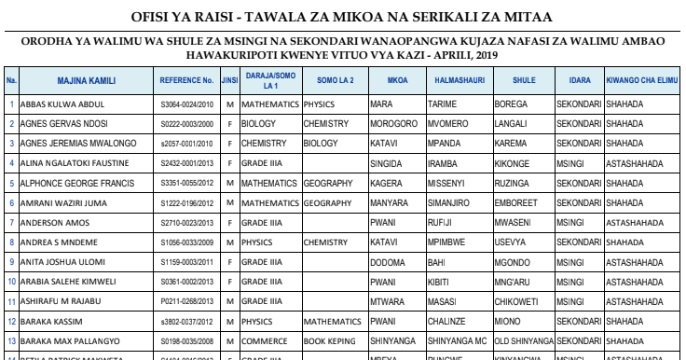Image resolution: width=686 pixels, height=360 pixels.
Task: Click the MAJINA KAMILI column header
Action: pyautogui.click(x=87, y=82)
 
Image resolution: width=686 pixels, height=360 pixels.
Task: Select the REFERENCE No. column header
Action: pyautogui.click(x=189, y=82)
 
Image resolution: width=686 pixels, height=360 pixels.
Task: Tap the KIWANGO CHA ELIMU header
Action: pyautogui.click(x=641, y=82)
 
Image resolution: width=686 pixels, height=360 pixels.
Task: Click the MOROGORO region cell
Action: pyautogui.click(x=391, y=123)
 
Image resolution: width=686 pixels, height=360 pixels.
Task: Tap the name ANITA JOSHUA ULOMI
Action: pyautogui.click(x=56, y=262)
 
